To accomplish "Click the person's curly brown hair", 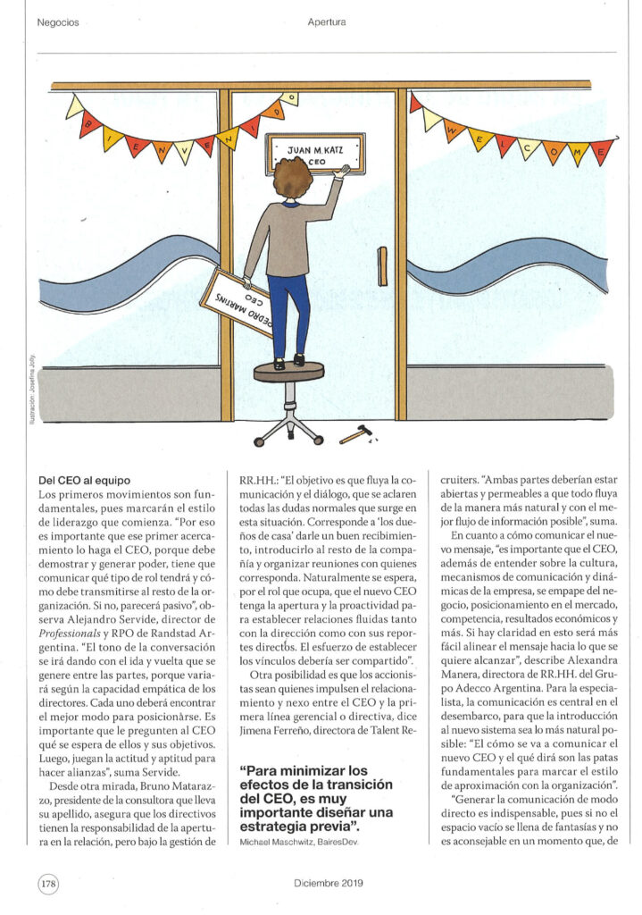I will pyautogui.click(x=293, y=178).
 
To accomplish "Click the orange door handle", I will pyautogui.click(x=382, y=266).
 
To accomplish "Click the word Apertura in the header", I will pyautogui.click(x=326, y=21).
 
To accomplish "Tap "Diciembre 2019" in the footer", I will pyautogui.click(x=326, y=883).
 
